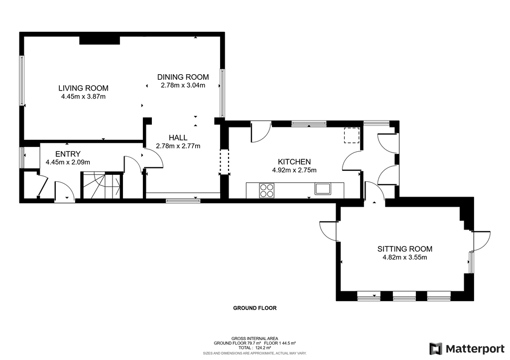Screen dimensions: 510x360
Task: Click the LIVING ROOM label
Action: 83,88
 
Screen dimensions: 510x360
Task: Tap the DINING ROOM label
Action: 183,77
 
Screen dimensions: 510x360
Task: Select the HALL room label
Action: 178,137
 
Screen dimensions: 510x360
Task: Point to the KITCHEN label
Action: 294,162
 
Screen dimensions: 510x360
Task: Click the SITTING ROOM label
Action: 404,249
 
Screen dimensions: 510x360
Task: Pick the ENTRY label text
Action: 68,154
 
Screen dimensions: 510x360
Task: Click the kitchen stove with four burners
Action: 266,190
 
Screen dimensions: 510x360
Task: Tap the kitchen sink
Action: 322,189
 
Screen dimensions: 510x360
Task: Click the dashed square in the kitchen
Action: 352,135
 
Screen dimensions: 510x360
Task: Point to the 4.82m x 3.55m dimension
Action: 404,257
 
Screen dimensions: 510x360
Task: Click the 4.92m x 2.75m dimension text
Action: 294,170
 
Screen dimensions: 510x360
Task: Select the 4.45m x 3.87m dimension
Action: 83,97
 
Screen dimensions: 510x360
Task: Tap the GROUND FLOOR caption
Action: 255,308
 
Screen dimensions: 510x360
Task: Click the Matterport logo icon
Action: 436,349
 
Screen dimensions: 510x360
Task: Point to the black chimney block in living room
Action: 100,40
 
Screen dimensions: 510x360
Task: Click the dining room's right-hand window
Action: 223,93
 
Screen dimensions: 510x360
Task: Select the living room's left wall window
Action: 22,81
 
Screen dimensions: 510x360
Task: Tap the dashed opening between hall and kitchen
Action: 224,162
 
